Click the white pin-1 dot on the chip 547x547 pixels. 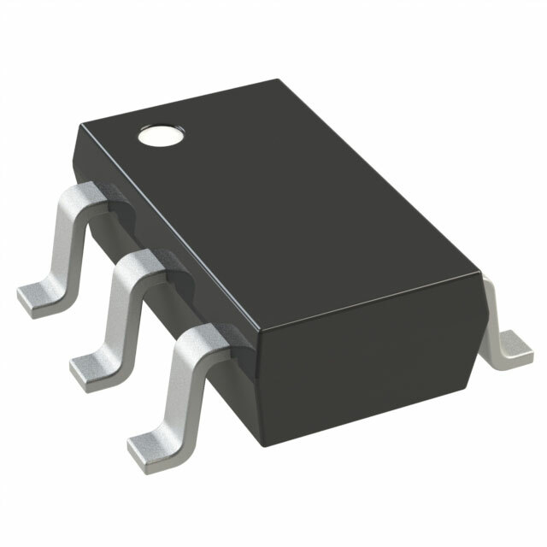161,134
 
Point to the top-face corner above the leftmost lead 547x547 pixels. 79,125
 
